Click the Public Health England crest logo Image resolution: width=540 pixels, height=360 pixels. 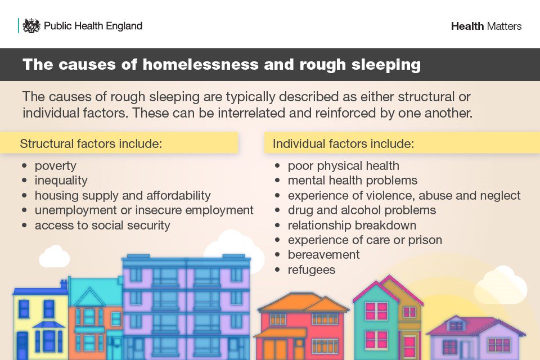pos(31,26)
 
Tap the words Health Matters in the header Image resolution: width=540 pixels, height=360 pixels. pos(486,26)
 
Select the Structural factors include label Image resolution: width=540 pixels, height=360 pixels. pos(91,143)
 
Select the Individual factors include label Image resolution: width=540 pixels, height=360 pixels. pos(343,143)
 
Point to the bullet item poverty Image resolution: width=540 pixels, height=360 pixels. pos(55,166)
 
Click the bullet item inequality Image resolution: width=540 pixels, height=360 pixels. pos(61,181)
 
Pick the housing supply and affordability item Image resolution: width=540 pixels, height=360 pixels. pos(123,195)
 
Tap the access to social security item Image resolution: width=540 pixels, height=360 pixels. pos(102,225)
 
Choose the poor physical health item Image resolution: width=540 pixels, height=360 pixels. pos(343,166)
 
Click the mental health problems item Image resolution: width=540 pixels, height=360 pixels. pos(352,181)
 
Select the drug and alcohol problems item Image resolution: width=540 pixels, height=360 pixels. pos(362,210)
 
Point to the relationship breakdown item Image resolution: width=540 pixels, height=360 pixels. pos(352,225)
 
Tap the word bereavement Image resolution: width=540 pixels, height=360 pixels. pos(323,255)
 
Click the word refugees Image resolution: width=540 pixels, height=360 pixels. pos(311,270)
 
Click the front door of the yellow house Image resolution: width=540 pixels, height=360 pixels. pos(22,343)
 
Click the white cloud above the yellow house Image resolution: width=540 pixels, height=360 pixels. pos(55,256)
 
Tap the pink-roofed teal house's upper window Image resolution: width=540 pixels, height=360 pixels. pos(376,311)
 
